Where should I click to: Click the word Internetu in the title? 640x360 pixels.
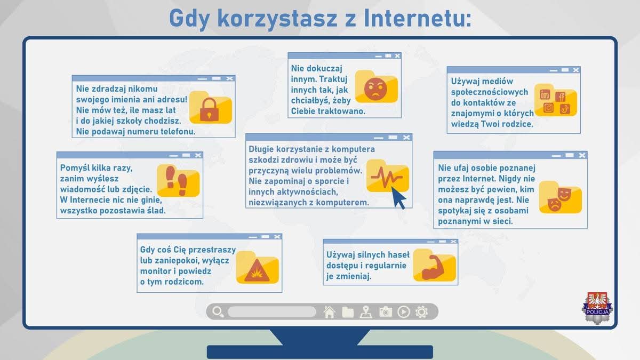pyautogui.click(x=418, y=18)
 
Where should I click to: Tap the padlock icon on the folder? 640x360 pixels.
pyautogui.click(x=209, y=109)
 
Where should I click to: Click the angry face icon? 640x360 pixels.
pyautogui.click(x=375, y=89)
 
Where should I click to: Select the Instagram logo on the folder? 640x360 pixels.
pyautogui.click(x=548, y=108)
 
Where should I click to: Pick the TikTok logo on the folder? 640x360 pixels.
pyautogui.click(x=565, y=109)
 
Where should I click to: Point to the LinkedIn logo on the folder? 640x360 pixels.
pyautogui.click(x=545, y=94)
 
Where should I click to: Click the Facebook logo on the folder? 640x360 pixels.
pyautogui.click(x=561, y=97)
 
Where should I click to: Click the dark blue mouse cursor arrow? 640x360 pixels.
pyautogui.click(x=398, y=198)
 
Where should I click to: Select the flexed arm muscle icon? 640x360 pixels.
pyautogui.click(x=433, y=267)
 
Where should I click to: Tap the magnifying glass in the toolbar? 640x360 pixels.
pyautogui.click(x=218, y=311)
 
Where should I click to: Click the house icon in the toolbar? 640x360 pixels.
pyautogui.click(x=330, y=311)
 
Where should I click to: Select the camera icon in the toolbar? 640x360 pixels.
pyautogui.click(x=386, y=311)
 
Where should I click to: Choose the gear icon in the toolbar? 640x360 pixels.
pyautogui.click(x=421, y=311)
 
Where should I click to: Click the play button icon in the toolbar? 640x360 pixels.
pyautogui.click(x=403, y=311)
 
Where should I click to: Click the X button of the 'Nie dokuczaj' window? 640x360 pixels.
pyautogui.click(x=397, y=56)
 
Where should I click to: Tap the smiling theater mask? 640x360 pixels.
pyautogui.click(x=564, y=194)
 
